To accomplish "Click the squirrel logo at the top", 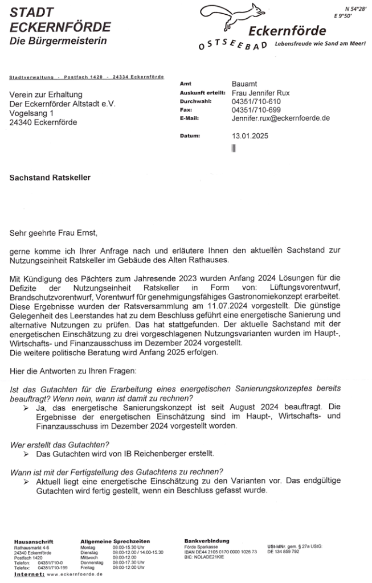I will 235,15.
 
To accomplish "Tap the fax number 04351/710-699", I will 256,110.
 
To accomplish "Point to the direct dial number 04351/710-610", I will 256,101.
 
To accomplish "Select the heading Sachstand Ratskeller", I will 50,178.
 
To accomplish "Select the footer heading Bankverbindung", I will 207,540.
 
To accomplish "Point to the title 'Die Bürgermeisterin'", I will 58,42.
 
